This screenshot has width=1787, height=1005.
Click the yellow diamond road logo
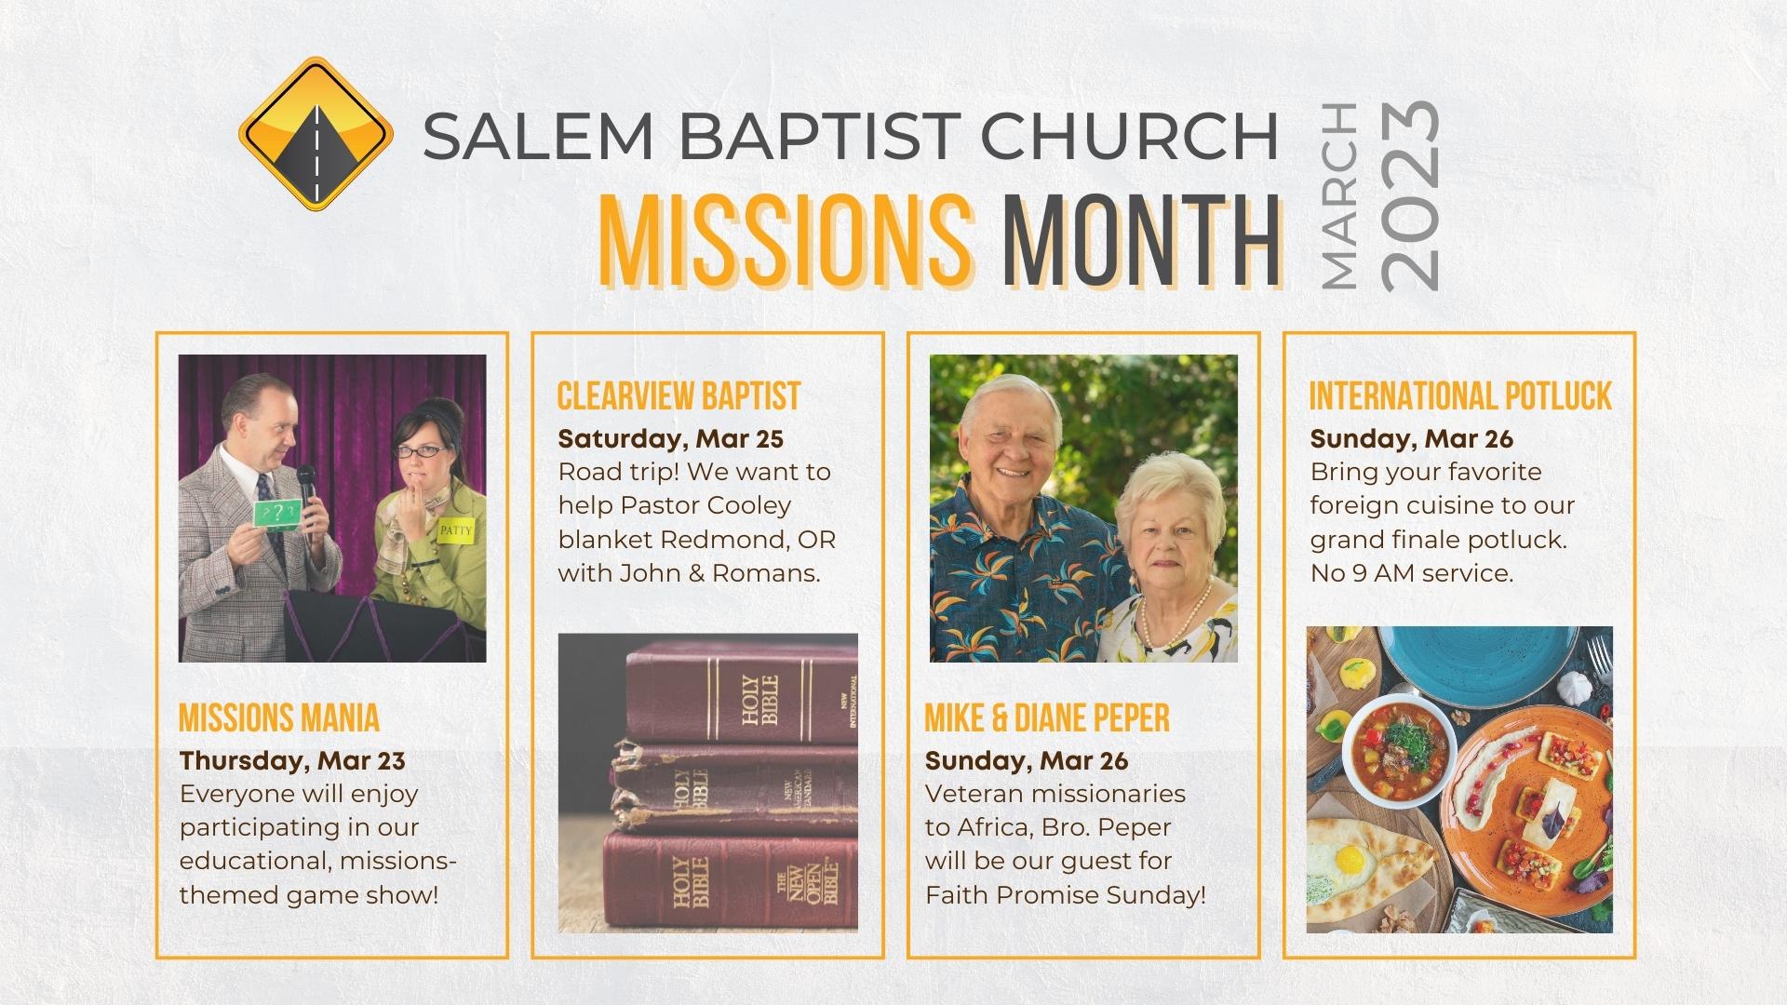tap(316, 133)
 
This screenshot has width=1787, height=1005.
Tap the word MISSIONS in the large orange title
tap(785, 241)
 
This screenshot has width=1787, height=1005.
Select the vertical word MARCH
tap(1338, 195)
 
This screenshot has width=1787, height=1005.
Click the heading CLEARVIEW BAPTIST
tap(679, 396)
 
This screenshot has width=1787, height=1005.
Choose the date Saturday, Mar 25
tap(670, 438)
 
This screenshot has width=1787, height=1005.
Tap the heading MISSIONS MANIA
tap(279, 717)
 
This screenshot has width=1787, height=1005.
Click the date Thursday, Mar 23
tap(292, 760)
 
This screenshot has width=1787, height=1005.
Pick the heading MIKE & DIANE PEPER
tap(1047, 717)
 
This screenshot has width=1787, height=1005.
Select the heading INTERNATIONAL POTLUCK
tap(1460, 396)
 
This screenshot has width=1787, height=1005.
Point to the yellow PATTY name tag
tap(456, 531)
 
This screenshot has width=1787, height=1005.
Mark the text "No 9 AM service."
tap(1411, 573)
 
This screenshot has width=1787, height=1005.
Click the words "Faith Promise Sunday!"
tap(1065, 895)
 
